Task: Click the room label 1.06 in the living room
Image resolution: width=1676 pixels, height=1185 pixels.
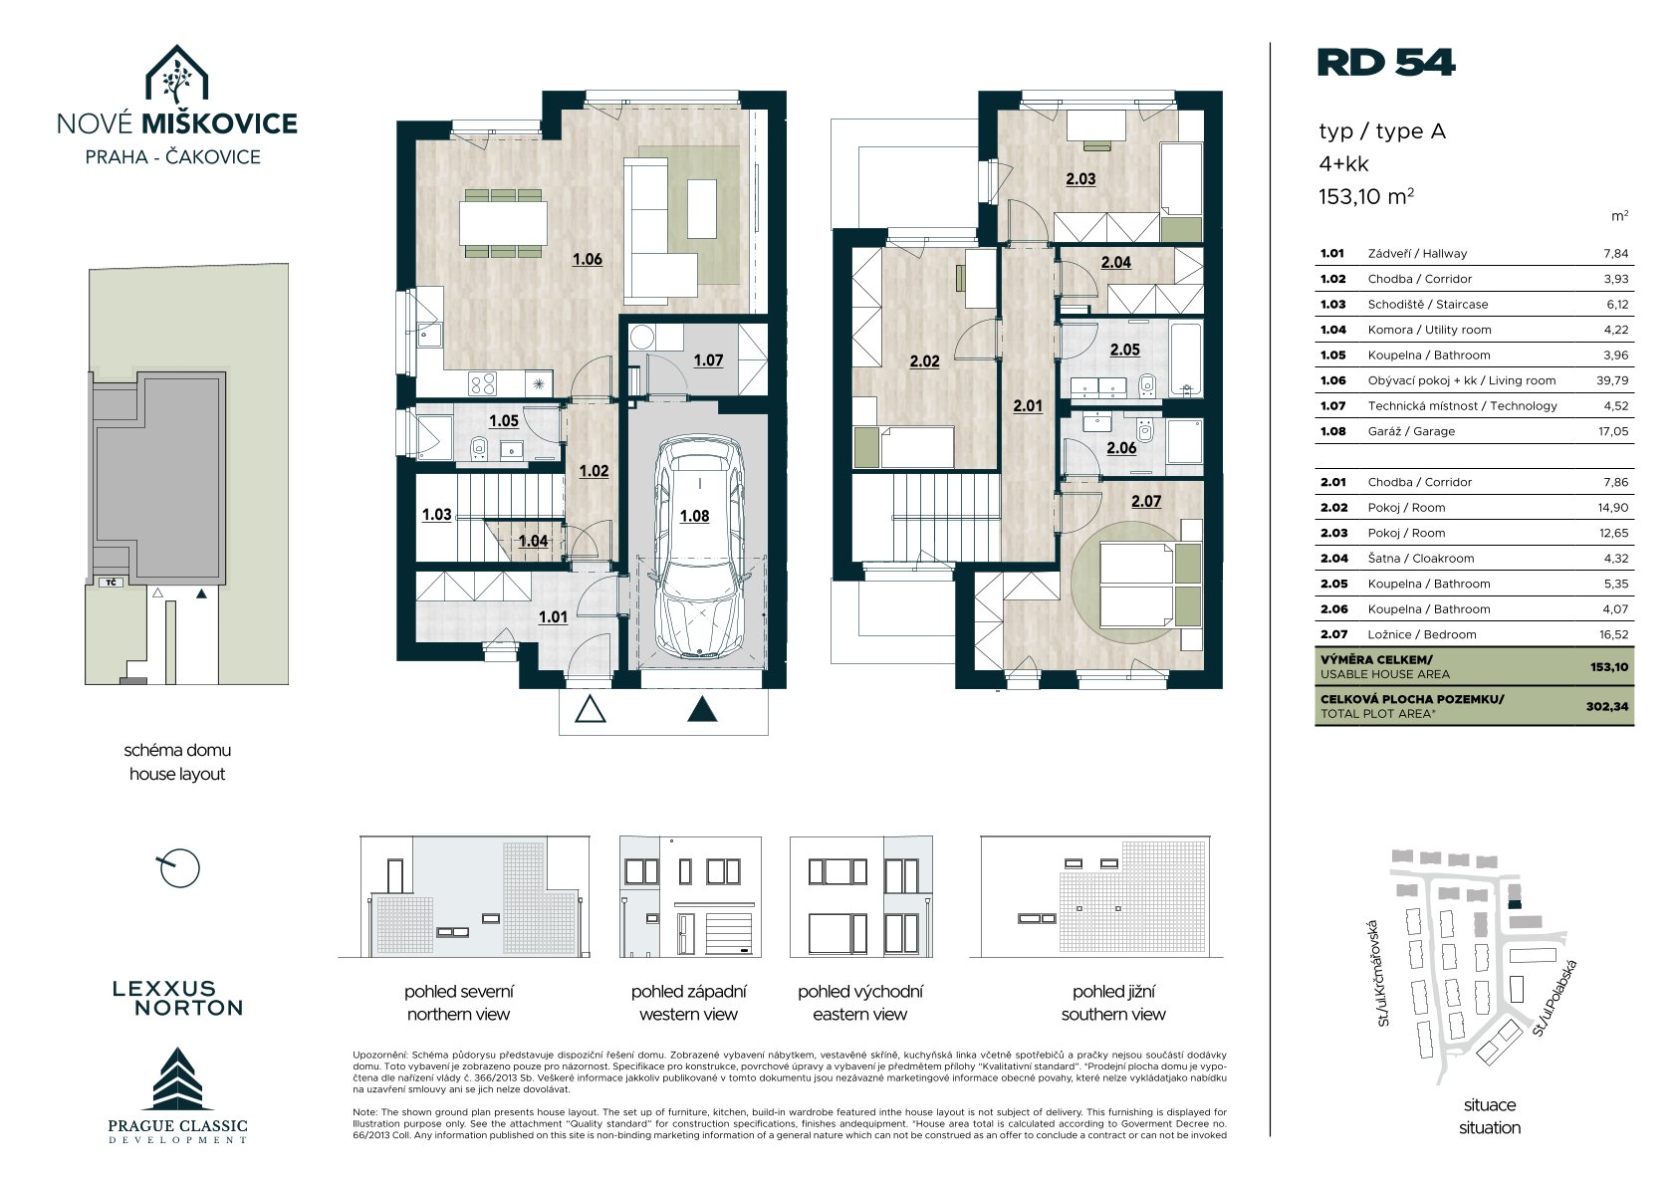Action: pyautogui.click(x=588, y=260)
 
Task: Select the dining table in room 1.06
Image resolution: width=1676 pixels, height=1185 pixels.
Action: pyautogui.click(x=503, y=223)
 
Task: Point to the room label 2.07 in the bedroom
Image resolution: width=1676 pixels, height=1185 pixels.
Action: pyautogui.click(x=1146, y=501)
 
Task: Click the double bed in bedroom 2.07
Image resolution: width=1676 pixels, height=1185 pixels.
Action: pyautogui.click(x=1137, y=585)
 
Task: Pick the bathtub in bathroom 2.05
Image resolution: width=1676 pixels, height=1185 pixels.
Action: pyautogui.click(x=1186, y=358)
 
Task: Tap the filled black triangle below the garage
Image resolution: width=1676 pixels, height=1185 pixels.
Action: pyautogui.click(x=702, y=709)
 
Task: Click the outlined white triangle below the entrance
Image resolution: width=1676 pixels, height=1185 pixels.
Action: pyautogui.click(x=590, y=709)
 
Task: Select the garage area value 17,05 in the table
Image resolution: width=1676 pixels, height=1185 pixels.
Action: pyautogui.click(x=1613, y=431)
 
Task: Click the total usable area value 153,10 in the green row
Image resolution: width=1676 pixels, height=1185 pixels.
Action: pyautogui.click(x=1608, y=666)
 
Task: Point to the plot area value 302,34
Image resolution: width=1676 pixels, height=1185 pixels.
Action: pyautogui.click(x=1607, y=706)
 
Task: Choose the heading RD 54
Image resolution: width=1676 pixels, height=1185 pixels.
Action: pyautogui.click(x=1385, y=63)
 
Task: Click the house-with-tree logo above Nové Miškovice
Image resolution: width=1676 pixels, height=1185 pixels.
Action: pyautogui.click(x=176, y=74)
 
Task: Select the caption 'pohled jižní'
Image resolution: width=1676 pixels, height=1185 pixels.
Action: pyautogui.click(x=1113, y=991)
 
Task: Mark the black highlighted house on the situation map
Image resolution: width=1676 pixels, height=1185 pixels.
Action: pyautogui.click(x=1515, y=904)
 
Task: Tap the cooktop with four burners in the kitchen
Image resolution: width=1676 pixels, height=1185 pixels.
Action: pyautogui.click(x=483, y=383)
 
